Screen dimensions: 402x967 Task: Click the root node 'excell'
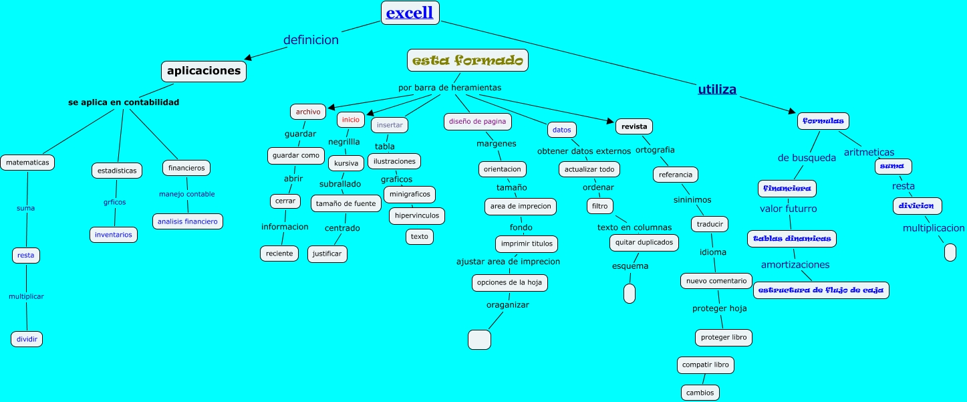(410, 13)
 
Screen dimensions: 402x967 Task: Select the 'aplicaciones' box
(204, 71)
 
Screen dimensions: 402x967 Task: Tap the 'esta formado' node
(467, 60)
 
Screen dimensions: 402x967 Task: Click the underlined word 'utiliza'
(717, 89)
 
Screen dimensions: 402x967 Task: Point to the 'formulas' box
(823, 121)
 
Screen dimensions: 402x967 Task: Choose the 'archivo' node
(308, 112)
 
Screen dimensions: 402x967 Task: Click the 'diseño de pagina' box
(478, 121)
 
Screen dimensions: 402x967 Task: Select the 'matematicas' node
(27, 162)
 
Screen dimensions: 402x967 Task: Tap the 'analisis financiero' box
(187, 221)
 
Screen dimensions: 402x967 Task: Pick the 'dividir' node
(27, 339)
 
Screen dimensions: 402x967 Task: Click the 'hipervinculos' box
(416, 216)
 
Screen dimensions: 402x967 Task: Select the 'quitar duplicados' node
(644, 242)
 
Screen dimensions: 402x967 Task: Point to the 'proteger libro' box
(724, 337)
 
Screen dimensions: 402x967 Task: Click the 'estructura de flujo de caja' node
(821, 290)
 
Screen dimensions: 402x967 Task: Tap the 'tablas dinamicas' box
(791, 238)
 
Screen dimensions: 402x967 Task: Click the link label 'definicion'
(311, 40)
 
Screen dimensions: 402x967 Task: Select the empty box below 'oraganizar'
(479, 340)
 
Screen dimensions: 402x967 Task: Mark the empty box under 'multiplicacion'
(950, 252)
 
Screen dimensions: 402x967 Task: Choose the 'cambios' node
(700, 393)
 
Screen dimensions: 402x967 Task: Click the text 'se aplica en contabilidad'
(124, 102)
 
